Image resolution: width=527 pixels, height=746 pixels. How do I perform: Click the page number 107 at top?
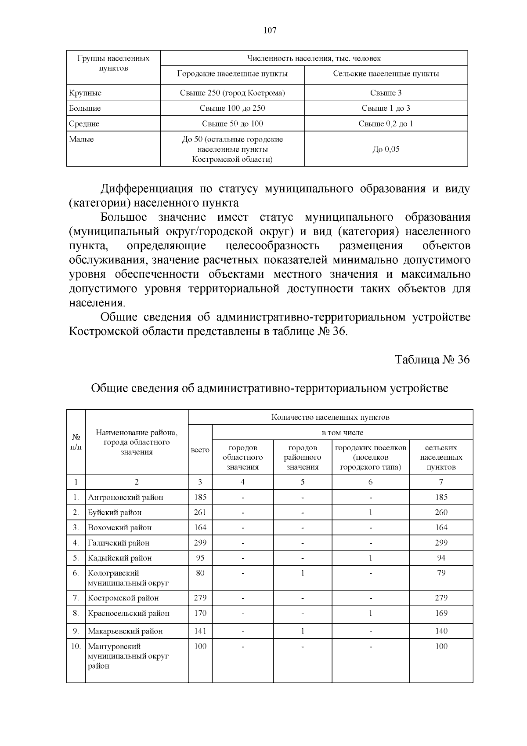270,30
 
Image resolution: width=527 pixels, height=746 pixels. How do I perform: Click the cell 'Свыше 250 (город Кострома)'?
232,93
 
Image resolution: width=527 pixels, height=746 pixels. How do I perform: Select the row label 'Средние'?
84,124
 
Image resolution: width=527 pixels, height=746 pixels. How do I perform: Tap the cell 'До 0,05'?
386,149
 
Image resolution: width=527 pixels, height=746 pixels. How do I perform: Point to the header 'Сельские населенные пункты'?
386,73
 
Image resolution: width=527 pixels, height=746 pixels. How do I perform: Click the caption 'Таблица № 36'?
432,359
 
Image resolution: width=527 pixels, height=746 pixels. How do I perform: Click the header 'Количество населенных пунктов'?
330,417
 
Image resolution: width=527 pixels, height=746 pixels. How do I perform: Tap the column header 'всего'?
200,450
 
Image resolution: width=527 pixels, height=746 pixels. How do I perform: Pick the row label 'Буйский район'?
115,512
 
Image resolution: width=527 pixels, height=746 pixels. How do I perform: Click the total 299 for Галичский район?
200,542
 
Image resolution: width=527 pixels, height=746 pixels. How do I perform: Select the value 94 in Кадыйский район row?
441,557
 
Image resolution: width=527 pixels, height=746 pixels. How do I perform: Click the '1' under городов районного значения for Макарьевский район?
303,631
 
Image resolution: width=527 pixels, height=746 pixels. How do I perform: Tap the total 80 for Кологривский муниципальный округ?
200,573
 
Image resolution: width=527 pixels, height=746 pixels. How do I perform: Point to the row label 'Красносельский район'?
128,613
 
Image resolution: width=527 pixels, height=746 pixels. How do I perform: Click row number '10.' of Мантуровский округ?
76,646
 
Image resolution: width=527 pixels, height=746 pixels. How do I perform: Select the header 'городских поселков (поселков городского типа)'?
370,457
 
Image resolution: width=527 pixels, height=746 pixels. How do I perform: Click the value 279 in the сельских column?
441,597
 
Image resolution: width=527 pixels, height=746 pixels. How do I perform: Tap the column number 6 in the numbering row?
370,482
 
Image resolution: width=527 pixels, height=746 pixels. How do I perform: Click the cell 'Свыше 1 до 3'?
386,108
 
